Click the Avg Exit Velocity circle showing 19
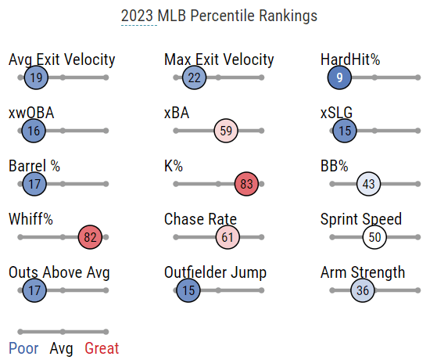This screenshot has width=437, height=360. point(36,77)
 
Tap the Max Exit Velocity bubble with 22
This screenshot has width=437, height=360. point(194,77)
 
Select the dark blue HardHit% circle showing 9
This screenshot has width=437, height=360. point(339,77)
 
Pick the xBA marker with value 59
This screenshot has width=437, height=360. point(226,131)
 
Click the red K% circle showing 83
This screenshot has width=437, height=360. point(246,184)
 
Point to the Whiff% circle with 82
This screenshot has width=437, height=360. point(90,237)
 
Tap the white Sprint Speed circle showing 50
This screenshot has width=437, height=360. point(374,237)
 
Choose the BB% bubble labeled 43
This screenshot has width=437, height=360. point(368,184)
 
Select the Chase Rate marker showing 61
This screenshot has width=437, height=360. point(227,237)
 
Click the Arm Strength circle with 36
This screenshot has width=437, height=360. point(362,290)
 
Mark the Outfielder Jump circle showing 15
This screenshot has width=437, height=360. point(188,290)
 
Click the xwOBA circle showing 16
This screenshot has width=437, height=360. point(34,131)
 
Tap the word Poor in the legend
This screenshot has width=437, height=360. point(23,348)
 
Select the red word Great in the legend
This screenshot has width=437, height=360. point(102,348)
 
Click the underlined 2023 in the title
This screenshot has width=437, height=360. point(137,16)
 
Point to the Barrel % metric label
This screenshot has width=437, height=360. point(34,166)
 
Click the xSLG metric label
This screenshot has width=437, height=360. point(336,113)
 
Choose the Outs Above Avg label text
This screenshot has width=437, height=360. point(59,272)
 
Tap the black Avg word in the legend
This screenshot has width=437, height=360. point(61,349)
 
